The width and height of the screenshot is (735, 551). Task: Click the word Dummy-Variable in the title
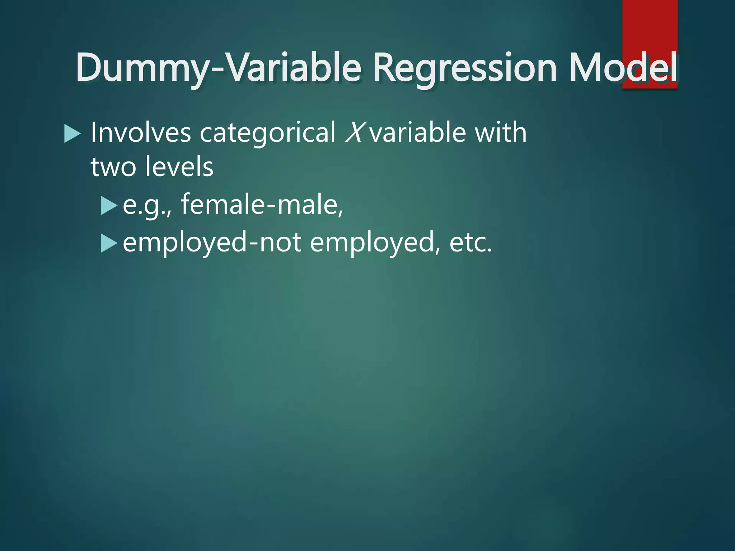(218, 67)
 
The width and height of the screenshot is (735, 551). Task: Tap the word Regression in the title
(465, 67)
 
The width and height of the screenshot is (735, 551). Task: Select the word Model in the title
(623, 67)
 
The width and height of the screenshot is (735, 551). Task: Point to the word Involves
(141, 132)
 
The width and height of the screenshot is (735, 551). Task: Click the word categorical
(267, 132)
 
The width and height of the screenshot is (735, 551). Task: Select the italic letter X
(355, 132)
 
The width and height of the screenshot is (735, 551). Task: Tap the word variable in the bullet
(418, 132)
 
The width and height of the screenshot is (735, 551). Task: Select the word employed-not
(212, 242)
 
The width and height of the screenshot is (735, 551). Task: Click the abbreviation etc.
(471, 242)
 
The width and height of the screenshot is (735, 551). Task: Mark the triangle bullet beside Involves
(72, 133)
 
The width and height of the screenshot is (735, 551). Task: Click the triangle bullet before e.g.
(109, 206)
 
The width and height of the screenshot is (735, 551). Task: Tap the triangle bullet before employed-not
(109, 243)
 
